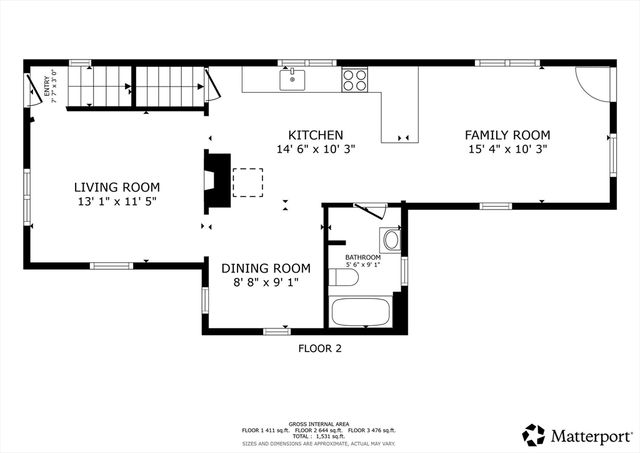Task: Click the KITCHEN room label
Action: (316, 135)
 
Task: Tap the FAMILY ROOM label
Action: (508, 135)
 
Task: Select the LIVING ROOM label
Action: (117, 187)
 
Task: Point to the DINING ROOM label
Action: (266, 268)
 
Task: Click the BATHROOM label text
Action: (363, 257)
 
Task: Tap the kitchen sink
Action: (293, 77)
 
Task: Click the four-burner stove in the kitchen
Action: (355, 78)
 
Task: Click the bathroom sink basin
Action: (390, 240)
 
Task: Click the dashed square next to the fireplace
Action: (248, 183)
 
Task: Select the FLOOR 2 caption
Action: (320, 349)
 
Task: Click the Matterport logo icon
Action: (535, 435)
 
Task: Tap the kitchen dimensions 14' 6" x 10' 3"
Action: (316, 149)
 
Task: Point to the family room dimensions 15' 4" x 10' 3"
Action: (508, 149)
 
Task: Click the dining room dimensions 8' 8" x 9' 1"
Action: (266, 283)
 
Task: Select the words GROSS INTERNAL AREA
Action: (319, 423)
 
